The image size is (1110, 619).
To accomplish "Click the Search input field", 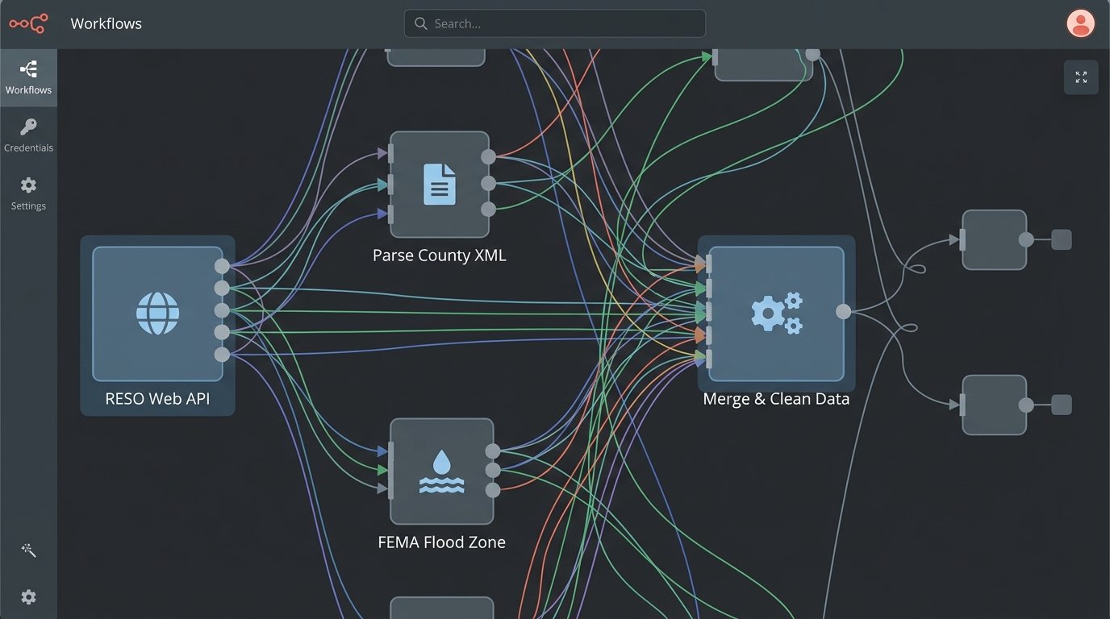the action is pyautogui.click(x=565, y=23).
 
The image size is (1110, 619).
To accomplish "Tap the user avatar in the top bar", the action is pyautogui.click(x=1080, y=23).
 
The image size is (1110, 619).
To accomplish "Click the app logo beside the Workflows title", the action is pyautogui.click(x=28, y=23).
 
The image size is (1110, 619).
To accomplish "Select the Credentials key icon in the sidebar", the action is pyautogui.click(x=28, y=127).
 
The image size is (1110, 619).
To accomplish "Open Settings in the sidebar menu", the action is pyautogui.click(x=28, y=193).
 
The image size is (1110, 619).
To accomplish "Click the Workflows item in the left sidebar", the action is pyautogui.click(x=28, y=77).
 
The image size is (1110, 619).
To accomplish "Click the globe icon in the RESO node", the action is pyautogui.click(x=157, y=313).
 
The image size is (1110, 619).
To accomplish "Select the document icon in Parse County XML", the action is pyautogui.click(x=440, y=184).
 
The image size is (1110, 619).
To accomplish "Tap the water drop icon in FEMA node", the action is pyautogui.click(x=441, y=472).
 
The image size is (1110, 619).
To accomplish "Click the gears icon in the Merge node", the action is pyautogui.click(x=776, y=313).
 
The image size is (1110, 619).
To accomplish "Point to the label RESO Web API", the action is pyautogui.click(x=157, y=399).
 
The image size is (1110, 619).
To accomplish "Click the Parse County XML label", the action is pyautogui.click(x=440, y=255).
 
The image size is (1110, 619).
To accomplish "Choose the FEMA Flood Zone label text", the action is pyautogui.click(x=441, y=542).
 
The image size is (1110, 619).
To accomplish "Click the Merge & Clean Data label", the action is pyautogui.click(x=776, y=399).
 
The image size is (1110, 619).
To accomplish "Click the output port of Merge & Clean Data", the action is pyautogui.click(x=843, y=311).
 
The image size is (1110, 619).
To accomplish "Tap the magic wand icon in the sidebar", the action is pyautogui.click(x=28, y=550).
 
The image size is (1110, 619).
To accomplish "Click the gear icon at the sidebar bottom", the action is pyautogui.click(x=28, y=597).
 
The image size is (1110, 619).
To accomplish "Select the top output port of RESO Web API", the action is pyautogui.click(x=222, y=266).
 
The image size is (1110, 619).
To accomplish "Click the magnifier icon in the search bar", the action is pyautogui.click(x=420, y=23).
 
